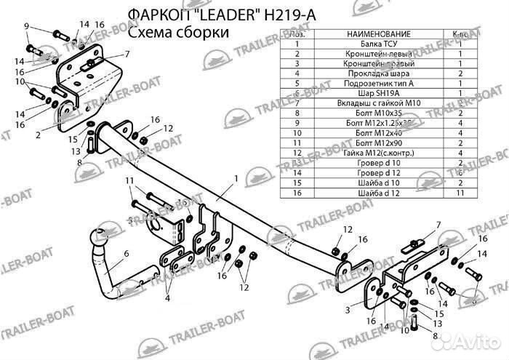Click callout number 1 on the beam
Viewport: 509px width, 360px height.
[x=236, y=178]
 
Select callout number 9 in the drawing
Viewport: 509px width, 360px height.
[x=26, y=27]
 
